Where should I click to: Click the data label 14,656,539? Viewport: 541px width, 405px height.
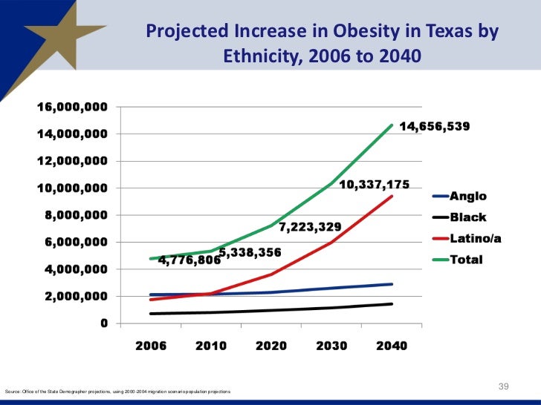(435, 127)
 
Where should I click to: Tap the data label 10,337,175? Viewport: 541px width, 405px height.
(374, 184)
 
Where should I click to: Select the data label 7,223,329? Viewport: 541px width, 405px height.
(311, 225)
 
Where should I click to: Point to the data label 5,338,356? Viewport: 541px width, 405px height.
(250, 253)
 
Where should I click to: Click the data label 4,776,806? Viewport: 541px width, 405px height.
(189, 261)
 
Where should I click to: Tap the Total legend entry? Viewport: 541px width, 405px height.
(466, 260)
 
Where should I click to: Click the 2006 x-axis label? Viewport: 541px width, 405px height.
(151, 347)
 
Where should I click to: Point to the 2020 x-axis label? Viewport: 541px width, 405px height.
(272, 347)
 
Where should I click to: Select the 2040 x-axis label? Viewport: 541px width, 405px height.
(391, 347)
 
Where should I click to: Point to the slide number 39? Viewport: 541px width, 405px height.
(503, 386)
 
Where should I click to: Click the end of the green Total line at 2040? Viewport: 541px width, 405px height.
(392, 125)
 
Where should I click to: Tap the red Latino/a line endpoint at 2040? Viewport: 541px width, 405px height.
(392, 196)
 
